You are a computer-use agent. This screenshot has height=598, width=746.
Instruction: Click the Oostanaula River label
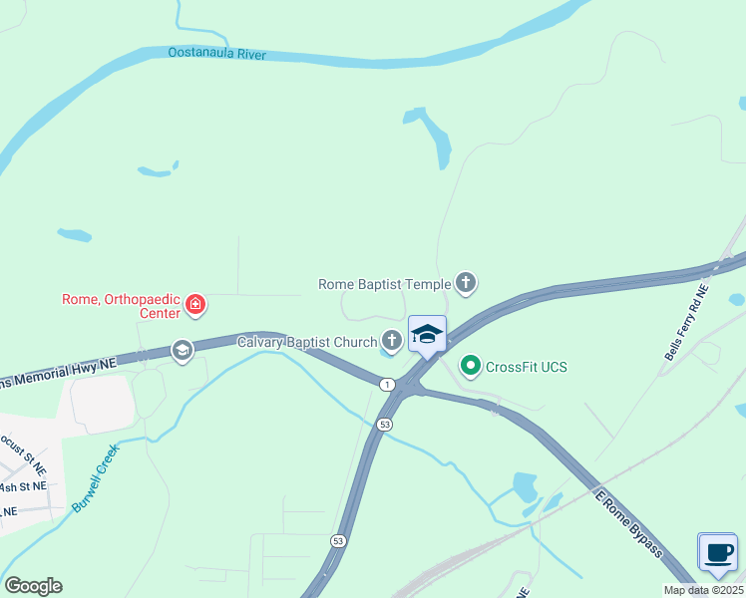click(x=216, y=54)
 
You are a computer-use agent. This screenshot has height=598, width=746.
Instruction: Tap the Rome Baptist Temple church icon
click(x=466, y=284)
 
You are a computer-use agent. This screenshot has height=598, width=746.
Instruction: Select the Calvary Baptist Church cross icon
click(x=392, y=342)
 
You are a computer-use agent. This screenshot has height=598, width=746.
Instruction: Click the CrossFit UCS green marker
click(x=471, y=367)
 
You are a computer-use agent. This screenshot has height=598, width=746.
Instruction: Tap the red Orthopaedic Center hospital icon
click(x=196, y=305)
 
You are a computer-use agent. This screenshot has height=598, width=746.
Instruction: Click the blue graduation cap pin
click(x=427, y=335)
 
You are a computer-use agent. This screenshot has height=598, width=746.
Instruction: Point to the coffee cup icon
click(x=717, y=552)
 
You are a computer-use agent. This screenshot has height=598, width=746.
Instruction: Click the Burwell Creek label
click(x=96, y=478)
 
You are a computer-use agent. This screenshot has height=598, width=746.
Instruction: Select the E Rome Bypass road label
click(x=628, y=522)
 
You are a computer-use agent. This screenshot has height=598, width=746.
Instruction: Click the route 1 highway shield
click(x=387, y=384)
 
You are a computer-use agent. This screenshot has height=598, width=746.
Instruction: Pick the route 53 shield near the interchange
click(x=385, y=424)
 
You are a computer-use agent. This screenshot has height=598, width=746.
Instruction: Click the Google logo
click(x=33, y=585)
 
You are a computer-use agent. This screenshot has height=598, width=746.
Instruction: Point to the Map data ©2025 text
click(x=704, y=590)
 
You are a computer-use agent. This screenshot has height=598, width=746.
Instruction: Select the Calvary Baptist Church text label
click(x=307, y=342)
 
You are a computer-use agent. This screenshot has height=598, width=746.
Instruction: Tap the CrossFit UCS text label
click(x=526, y=367)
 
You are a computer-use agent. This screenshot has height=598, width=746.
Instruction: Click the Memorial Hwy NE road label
click(x=60, y=373)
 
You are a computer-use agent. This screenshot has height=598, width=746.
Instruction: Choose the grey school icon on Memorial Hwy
click(x=182, y=350)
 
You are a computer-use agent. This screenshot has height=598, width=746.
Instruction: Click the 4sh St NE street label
click(x=23, y=486)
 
